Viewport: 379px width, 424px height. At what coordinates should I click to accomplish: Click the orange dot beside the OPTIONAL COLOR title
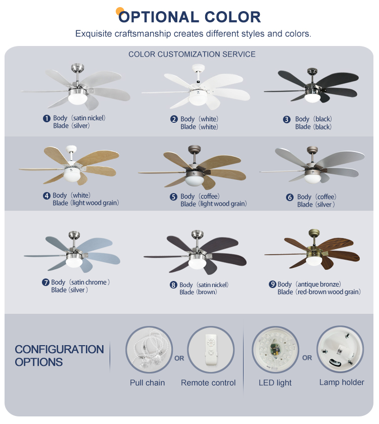[x=120, y=11]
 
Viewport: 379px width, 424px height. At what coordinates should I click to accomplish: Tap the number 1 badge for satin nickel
[x=46, y=118]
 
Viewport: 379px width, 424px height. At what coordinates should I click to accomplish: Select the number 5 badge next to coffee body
[x=173, y=197]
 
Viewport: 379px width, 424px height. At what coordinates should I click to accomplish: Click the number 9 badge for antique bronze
[x=272, y=285]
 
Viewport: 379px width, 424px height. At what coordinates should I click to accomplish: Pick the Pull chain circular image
[x=149, y=350]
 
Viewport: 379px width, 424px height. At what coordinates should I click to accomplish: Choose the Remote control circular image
[x=211, y=350]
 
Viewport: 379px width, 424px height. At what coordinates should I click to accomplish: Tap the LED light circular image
[x=275, y=350]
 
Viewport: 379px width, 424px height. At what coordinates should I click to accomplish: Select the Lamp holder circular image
[x=340, y=350]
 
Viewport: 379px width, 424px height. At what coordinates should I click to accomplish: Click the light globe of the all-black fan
[x=312, y=97]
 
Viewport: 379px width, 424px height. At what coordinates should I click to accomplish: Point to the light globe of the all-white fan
[x=197, y=97]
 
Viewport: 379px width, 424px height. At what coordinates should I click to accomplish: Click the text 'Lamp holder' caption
[x=342, y=382]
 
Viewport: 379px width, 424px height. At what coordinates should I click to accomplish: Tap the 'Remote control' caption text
[x=208, y=383]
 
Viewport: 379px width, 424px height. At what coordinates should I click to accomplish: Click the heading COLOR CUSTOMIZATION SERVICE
[x=192, y=54]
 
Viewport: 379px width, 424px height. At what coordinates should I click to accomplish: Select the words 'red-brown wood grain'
[x=328, y=292]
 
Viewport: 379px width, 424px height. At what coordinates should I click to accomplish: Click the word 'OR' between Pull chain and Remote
[x=179, y=358]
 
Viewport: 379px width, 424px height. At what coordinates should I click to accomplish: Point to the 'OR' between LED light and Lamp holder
[x=307, y=358]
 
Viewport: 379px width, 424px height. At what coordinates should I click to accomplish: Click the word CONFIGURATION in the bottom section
[x=59, y=349]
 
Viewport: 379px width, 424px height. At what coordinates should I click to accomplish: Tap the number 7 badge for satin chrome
[x=45, y=282]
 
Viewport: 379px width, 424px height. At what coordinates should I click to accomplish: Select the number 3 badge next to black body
[x=287, y=120]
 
